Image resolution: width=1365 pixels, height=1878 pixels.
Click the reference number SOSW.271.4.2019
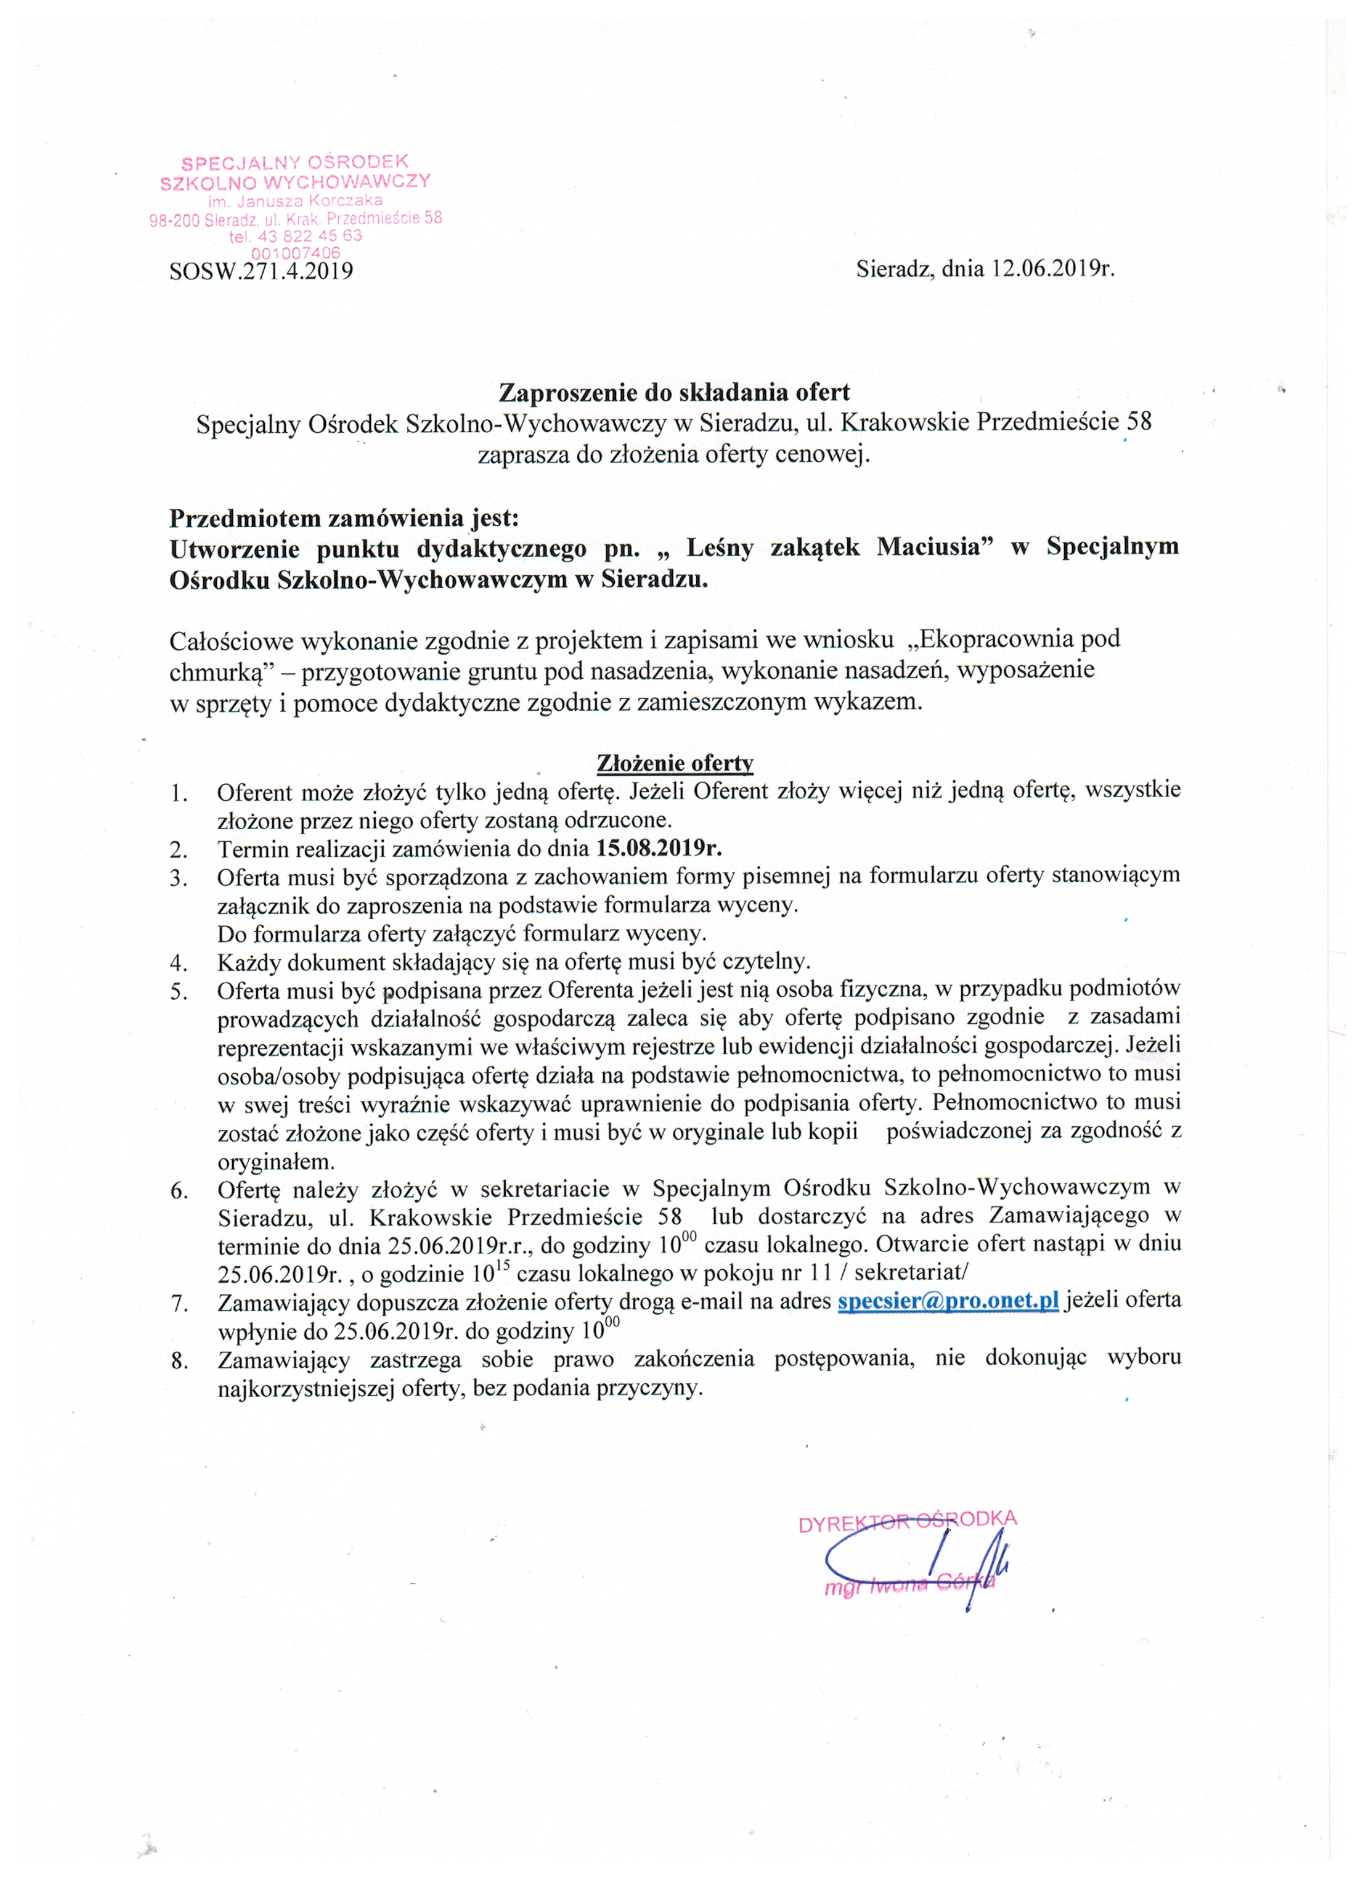tap(261, 271)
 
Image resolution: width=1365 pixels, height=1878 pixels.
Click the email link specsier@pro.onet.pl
tap(947, 1300)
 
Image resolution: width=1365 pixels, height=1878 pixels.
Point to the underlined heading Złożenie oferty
tap(674, 761)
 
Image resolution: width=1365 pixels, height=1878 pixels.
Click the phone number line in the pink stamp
tap(295, 236)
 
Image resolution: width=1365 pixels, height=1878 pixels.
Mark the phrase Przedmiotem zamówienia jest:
tap(344, 518)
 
